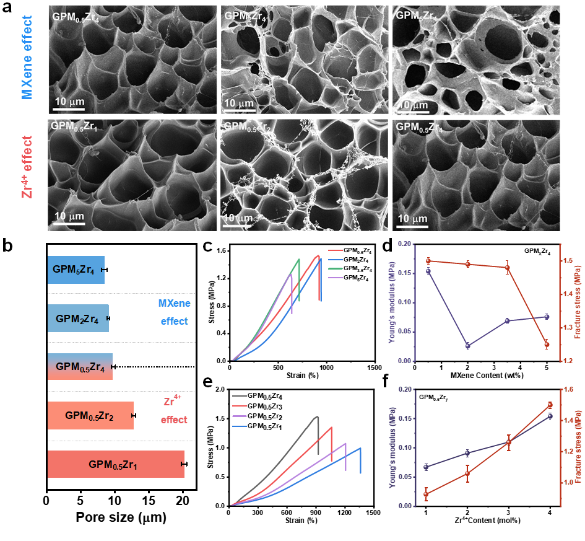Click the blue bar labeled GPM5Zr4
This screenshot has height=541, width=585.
point(76,270)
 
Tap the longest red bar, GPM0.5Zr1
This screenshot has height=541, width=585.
point(116,464)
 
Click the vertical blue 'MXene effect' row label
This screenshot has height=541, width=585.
point(27,58)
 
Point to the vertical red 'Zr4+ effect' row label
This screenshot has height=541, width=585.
point(27,166)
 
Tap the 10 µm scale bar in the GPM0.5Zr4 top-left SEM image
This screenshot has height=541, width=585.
point(68,110)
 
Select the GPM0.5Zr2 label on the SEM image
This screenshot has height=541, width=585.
point(248,127)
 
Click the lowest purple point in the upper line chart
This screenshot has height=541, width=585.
point(467,346)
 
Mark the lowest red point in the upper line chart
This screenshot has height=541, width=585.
point(547,345)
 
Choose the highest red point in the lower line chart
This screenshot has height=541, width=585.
point(550,405)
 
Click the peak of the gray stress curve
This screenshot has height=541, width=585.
point(317,416)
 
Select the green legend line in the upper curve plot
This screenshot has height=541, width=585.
point(336,269)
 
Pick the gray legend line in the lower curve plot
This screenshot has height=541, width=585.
point(240,395)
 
